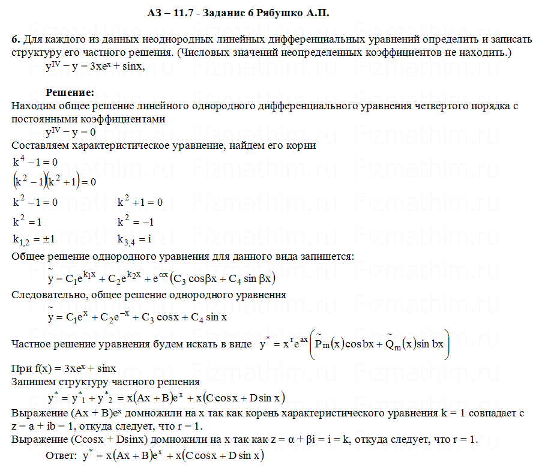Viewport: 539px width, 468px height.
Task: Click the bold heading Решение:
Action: (70, 93)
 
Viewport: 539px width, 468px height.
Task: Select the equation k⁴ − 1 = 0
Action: (35, 162)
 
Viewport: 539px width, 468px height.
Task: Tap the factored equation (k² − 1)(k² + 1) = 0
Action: (54, 181)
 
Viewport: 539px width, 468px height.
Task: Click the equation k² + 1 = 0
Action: (140, 202)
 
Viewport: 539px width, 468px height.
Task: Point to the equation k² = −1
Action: (136, 221)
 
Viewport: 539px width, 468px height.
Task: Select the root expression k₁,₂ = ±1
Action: (34, 239)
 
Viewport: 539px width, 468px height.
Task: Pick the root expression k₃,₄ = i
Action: (134, 239)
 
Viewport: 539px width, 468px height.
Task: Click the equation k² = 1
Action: (28, 221)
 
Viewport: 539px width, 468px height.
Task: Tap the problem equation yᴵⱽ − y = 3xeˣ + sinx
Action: (95, 66)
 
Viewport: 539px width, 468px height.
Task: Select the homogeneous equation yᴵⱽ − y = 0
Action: (71, 132)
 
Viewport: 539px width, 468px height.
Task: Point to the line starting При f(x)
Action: (64, 368)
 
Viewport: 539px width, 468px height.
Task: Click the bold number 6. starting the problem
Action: (16, 40)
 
